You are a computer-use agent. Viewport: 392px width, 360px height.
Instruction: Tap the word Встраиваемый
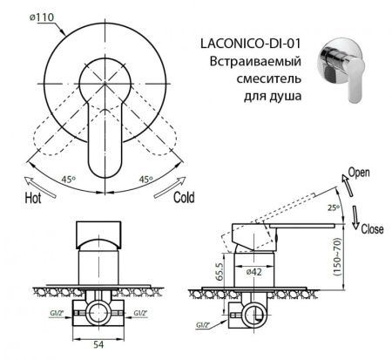point(256,64)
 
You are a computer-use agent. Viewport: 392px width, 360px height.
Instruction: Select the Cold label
point(184,198)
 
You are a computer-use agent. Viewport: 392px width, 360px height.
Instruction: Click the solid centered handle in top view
point(100,148)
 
